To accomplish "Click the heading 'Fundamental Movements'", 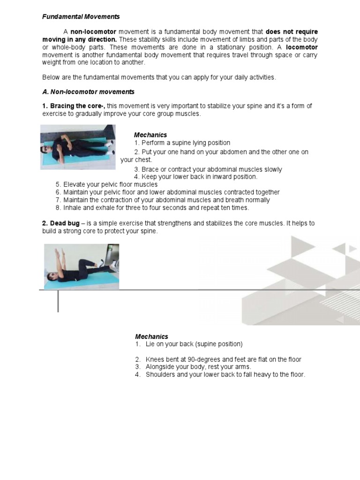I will tap(81, 17).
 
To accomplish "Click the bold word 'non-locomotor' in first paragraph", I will tap(93, 31).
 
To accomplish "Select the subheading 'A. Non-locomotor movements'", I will tap(89, 91).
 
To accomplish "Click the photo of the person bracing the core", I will tap(78, 147).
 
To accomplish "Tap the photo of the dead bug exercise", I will tap(82, 266).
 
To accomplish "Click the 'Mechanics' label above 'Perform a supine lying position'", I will tap(150, 135).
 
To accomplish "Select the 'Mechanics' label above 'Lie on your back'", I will tap(151, 337).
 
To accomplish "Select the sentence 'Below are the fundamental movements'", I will tap(159, 77).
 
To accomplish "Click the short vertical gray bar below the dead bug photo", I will tap(58, 301).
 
